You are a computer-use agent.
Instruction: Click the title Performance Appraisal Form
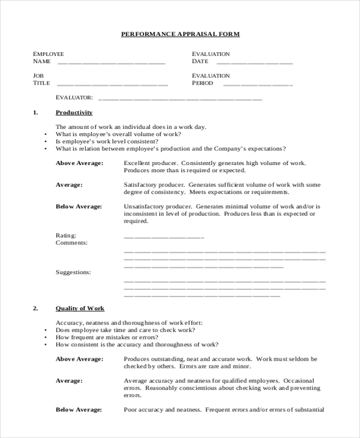coord(180,34)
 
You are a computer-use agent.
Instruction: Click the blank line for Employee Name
coord(111,62)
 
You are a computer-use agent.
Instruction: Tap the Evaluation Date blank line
coord(254,62)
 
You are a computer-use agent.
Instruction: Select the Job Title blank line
coord(112,85)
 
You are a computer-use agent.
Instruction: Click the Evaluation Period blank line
coord(254,85)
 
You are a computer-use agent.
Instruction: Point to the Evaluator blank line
coord(180,98)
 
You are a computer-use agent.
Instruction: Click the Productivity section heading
coord(74,112)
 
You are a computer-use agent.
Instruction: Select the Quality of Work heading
coord(80,308)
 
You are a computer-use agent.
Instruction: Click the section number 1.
coord(35,112)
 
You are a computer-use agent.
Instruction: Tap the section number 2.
coord(35,308)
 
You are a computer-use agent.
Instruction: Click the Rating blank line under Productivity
coord(163,237)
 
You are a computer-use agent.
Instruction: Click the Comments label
coord(71,243)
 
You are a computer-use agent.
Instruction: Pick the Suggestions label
coord(73,272)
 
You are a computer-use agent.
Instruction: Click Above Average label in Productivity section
coord(79,163)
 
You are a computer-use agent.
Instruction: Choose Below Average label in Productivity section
coord(79,206)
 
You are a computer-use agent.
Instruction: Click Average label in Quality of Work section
coord(69,380)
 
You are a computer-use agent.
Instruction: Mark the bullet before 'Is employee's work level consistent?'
coord(46,142)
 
